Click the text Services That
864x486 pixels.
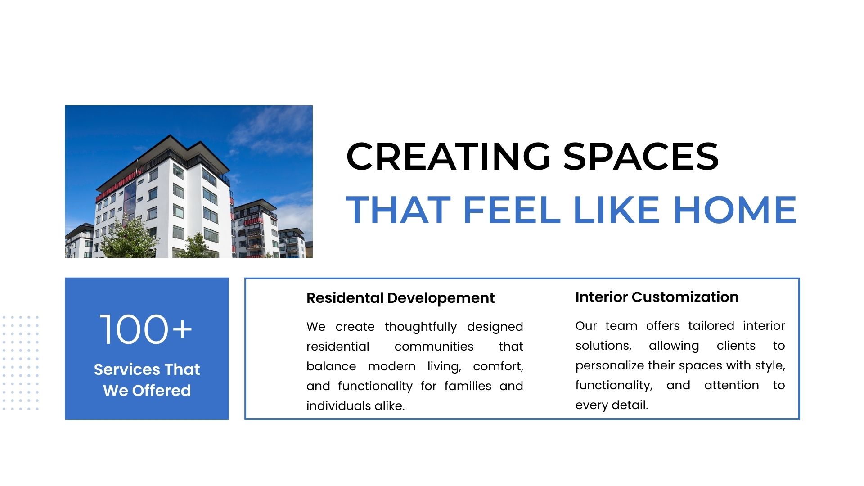click(x=147, y=369)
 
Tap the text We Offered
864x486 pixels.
click(x=147, y=390)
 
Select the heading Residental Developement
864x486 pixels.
click(x=400, y=298)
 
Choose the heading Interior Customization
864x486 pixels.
click(x=657, y=297)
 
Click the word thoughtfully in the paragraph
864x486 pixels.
click(x=421, y=327)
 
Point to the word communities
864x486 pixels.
click(x=434, y=346)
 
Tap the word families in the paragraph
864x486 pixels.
click(x=468, y=386)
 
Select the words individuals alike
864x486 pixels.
click(x=355, y=406)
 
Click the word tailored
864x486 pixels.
click(x=711, y=326)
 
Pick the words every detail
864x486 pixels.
click(x=612, y=405)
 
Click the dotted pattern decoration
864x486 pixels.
click(x=20, y=363)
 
